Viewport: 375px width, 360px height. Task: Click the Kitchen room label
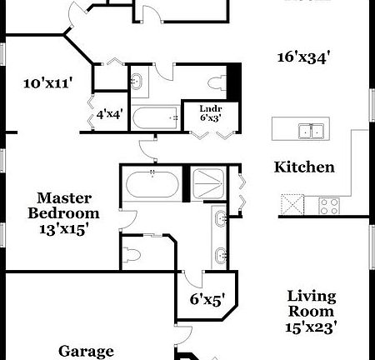[x=305, y=167]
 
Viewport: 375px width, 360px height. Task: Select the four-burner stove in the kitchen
[x=329, y=203]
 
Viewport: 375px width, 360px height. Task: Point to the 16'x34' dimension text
[x=305, y=57]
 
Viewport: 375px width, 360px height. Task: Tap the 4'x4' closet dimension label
[x=110, y=114]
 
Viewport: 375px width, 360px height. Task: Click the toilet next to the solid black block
[x=219, y=82]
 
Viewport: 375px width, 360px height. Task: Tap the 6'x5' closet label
[x=205, y=297]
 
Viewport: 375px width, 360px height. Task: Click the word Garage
[x=86, y=351]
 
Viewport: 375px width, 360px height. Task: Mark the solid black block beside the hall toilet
[x=235, y=82]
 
